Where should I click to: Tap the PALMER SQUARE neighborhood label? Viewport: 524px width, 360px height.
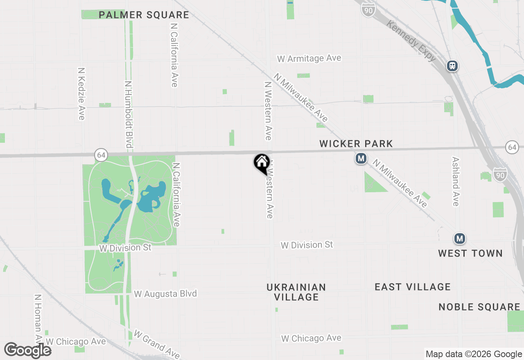coord(144,15)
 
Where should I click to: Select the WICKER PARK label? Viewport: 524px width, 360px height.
coord(356,144)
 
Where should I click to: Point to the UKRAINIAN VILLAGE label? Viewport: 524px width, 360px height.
coord(296,292)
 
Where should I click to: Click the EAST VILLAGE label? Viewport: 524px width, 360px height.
coord(413,287)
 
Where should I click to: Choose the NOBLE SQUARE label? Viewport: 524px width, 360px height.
coord(479,307)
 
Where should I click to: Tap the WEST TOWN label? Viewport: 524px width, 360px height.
coord(470,253)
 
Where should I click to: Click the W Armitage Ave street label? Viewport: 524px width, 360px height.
coord(309,59)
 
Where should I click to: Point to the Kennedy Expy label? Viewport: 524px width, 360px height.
coord(411,42)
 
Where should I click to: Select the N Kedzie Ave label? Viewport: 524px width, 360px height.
coord(81,94)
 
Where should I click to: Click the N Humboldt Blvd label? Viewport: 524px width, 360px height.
coord(129,114)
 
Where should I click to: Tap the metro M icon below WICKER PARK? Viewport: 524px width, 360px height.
coord(361,158)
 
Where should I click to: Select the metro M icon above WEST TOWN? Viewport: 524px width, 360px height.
coord(460,238)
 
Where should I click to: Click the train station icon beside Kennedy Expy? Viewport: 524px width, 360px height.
coord(452,65)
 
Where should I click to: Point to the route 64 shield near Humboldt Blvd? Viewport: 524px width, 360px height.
coord(101,155)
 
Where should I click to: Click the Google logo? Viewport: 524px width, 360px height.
coord(27,351)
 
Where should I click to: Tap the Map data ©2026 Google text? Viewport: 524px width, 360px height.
coord(474,354)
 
